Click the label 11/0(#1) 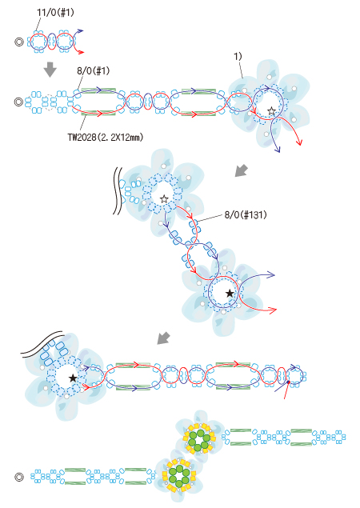pos(55,13)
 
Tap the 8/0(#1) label pos(93,70)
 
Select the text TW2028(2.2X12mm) pos(106,138)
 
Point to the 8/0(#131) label pos(246,214)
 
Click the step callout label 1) pos(238,56)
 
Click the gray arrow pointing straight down pos(50,70)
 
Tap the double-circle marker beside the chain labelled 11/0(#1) pos(19,42)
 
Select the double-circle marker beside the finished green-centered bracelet pos(19,477)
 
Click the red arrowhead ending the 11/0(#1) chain pos(82,52)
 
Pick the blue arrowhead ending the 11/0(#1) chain pos(80,31)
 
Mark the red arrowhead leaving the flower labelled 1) pos(300,142)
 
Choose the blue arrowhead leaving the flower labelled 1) pos(277,149)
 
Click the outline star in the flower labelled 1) pos(271,112)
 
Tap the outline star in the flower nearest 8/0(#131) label pos(164,198)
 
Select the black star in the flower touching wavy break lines pos(73,378)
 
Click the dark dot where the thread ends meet pos(288,382)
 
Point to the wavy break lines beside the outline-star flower pos(118,191)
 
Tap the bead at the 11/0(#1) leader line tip pos(37,33)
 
